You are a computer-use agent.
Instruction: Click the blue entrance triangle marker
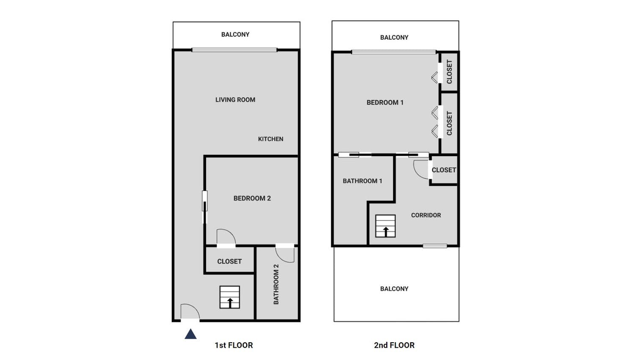coord(191,334)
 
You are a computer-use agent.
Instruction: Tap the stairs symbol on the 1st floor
coord(230,297)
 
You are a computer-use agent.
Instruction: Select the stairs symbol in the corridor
coord(385,226)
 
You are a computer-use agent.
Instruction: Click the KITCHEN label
coord(271,139)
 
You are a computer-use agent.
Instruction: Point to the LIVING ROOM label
coord(235,99)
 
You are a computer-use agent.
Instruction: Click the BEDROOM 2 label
coord(252,198)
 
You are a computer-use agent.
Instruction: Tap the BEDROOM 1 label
coord(385,102)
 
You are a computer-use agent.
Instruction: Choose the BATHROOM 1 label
coord(362,181)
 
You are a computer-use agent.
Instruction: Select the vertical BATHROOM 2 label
coord(276,284)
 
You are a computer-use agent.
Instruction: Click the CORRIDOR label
coord(426,215)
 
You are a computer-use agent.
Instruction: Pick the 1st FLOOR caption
coord(234,345)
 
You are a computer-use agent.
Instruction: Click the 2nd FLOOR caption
coord(394,345)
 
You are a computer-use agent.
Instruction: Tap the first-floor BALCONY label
coord(235,34)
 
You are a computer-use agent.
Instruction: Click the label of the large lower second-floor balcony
coord(394,289)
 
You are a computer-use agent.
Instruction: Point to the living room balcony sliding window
coord(234,50)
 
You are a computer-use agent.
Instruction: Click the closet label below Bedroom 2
coord(229,261)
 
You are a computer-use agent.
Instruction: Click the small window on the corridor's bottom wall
coord(435,246)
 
